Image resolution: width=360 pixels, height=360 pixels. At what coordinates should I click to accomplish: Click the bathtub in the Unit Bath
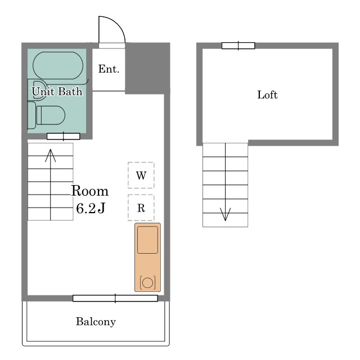[x=58, y=65]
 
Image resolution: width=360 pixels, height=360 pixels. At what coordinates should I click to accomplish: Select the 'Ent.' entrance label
[x=109, y=69]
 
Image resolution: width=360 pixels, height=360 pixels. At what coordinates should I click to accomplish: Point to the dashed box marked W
[x=141, y=175]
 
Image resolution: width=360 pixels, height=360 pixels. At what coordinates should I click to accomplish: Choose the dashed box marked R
[x=141, y=208]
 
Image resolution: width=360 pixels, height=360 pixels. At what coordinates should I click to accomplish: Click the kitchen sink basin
[x=147, y=240]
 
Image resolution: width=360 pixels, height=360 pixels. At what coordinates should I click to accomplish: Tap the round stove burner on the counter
[x=147, y=282]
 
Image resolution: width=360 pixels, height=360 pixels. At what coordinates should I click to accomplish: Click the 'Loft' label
[x=267, y=95]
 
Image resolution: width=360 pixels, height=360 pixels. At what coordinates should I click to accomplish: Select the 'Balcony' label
[x=96, y=322]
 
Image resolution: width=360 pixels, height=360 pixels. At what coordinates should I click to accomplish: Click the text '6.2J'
[x=91, y=209]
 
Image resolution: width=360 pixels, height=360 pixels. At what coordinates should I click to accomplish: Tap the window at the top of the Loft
[x=238, y=46]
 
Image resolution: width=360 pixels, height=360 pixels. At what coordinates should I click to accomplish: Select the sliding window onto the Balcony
[x=115, y=298]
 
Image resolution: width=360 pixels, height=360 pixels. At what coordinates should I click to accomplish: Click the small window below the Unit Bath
[x=64, y=136]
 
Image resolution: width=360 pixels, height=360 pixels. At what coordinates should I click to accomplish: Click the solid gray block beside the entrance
[x=147, y=69]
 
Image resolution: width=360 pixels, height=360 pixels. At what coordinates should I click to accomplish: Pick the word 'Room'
[x=90, y=191]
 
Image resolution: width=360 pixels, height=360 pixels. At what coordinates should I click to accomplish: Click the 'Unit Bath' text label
[x=57, y=91]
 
